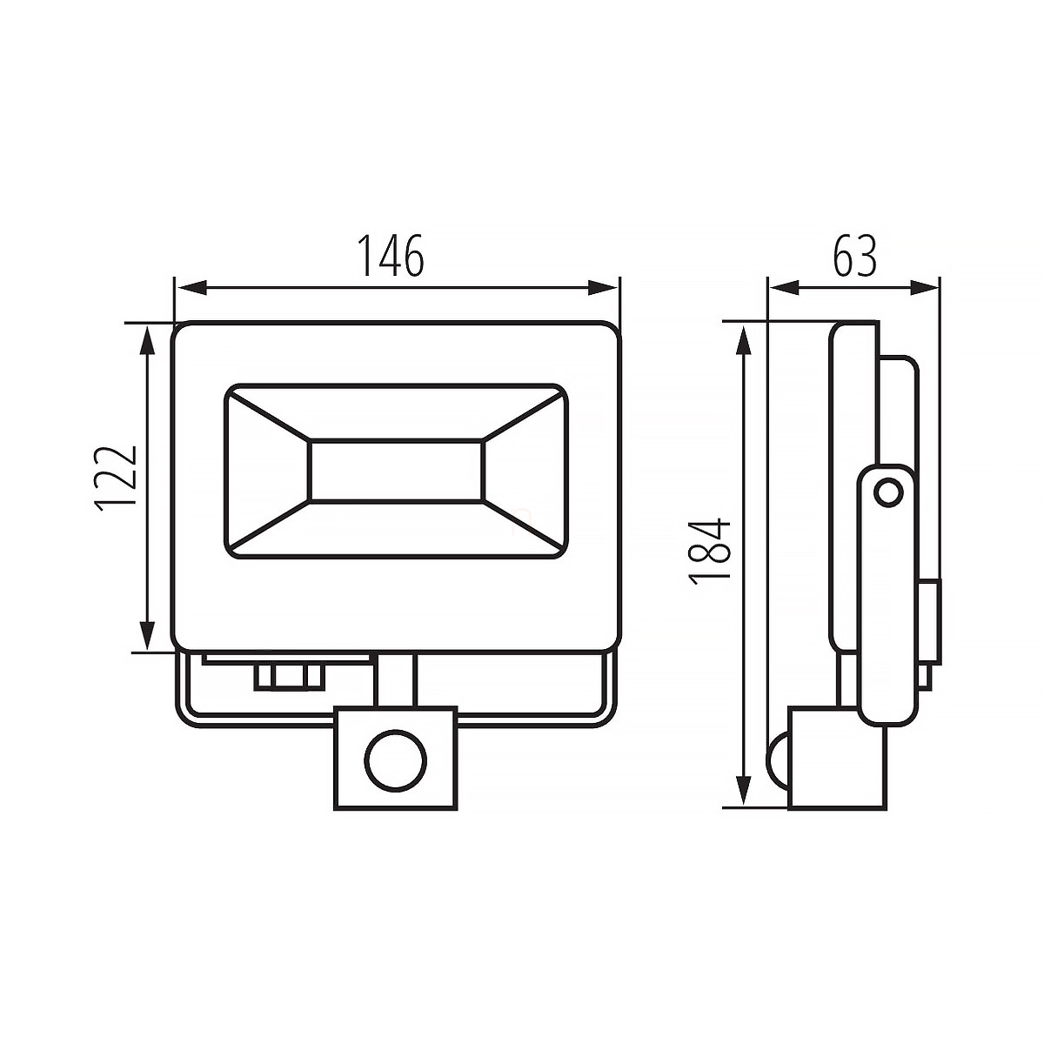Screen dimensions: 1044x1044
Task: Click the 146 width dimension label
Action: [391, 256]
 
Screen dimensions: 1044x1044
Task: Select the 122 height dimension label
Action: [117, 479]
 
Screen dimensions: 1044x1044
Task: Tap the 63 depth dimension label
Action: [854, 256]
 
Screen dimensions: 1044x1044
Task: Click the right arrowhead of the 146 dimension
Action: [603, 288]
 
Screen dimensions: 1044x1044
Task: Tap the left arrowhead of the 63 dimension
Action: [785, 288]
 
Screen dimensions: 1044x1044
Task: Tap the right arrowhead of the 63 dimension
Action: [923, 288]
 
